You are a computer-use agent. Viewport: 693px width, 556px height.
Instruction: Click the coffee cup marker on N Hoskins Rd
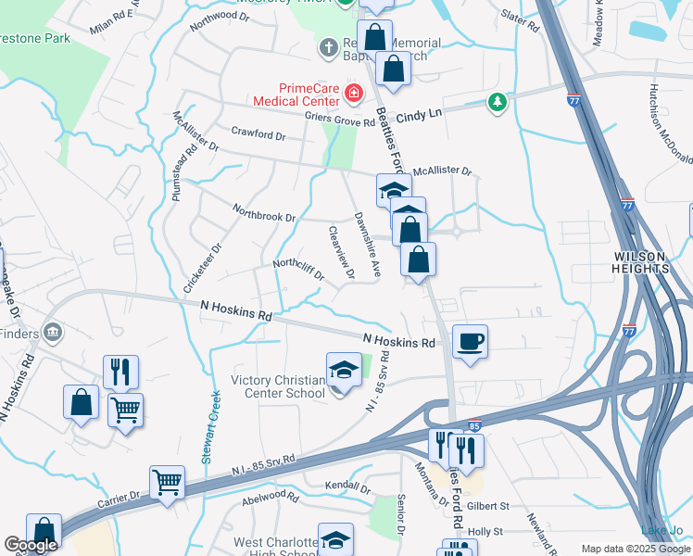[x=470, y=342]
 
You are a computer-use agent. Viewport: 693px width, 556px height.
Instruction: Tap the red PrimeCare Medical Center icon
[x=353, y=93]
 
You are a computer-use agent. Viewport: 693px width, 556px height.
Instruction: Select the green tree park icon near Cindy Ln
[x=498, y=102]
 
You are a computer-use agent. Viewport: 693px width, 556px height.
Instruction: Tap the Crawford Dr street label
[x=258, y=134]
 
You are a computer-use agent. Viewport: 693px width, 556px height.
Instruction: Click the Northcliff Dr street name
[x=297, y=269]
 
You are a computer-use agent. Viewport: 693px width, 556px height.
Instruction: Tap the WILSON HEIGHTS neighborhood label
[x=641, y=261]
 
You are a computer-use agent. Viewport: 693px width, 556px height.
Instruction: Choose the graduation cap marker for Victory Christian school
[x=344, y=371]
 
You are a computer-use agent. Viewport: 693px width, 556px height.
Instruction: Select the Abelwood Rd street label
[x=270, y=498]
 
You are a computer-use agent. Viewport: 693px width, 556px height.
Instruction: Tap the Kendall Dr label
[x=349, y=487]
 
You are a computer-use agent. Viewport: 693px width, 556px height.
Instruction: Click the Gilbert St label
[x=488, y=506]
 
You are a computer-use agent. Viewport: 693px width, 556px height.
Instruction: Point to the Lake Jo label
[x=661, y=530]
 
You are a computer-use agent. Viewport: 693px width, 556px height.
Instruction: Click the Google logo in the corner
[x=31, y=546]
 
